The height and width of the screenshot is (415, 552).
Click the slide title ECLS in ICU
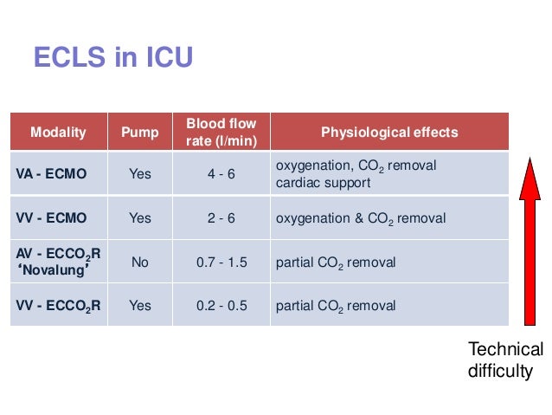(x=112, y=58)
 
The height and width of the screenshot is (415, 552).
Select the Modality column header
(x=58, y=133)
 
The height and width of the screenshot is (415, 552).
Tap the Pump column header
(x=139, y=133)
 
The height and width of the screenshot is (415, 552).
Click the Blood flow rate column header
(x=221, y=133)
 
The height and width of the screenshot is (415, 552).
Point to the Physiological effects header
(x=389, y=133)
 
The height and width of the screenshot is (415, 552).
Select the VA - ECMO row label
(x=51, y=174)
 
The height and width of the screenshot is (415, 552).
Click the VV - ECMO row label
(x=51, y=218)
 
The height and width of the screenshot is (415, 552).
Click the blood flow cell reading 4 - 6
(x=221, y=174)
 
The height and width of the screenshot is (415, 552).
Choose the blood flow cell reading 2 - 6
(x=221, y=218)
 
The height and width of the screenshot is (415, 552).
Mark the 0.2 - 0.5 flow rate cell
(x=221, y=306)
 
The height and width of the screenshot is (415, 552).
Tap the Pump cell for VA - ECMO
(x=139, y=174)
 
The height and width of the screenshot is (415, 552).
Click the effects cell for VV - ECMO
(x=361, y=218)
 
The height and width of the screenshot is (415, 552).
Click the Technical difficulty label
(x=505, y=360)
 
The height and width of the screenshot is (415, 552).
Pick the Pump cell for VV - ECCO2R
(x=139, y=306)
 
